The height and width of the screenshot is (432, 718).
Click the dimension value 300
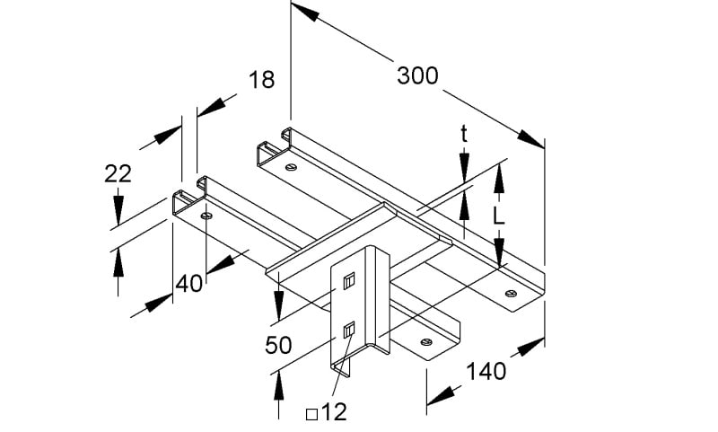pyautogui.click(x=417, y=75)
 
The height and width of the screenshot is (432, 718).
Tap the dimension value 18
pyautogui.click(x=261, y=79)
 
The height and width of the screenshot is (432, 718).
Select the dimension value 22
pyautogui.click(x=118, y=173)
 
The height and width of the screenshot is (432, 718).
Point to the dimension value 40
pyautogui.click(x=188, y=284)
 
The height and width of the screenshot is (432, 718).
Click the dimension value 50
pyautogui.click(x=278, y=345)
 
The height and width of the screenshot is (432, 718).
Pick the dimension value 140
pyautogui.click(x=486, y=371)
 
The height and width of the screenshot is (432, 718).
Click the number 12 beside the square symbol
pyautogui.click(x=334, y=412)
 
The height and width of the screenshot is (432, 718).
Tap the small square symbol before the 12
pyautogui.click(x=311, y=414)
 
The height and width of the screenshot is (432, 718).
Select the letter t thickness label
pyautogui.click(x=464, y=135)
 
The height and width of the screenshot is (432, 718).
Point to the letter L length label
pyautogui.click(x=499, y=216)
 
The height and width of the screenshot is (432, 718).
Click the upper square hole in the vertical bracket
pyautogui.click(x=349, y=279)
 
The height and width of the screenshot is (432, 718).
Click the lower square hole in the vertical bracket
pyautogui.click(x=349, y=330)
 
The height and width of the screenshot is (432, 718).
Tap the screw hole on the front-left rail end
pyautogui.click(x=206, y=216)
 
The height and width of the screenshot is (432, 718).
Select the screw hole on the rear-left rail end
pyautogui.click(x=290, y=168)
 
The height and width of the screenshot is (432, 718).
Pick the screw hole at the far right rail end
pyautogui.click(x=511, y=293)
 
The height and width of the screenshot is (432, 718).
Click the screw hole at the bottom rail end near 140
pyautogui.click(x=426, y=342)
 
